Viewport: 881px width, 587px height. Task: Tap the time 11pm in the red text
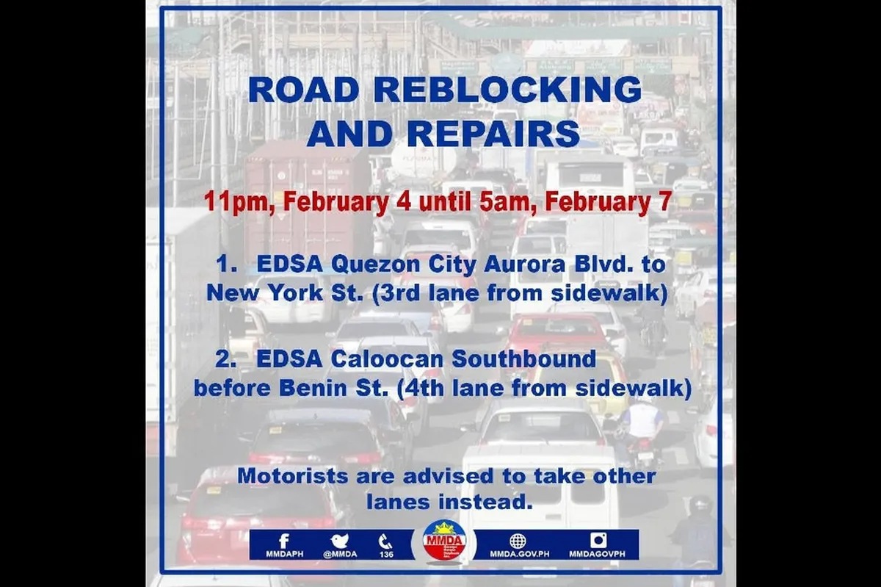pyautogui.click(x=234, y=204)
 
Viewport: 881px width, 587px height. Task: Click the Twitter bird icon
pyautogui.click(x=338, y=541)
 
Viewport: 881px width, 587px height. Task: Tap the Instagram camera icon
pyautogui.click(x=598, y=541)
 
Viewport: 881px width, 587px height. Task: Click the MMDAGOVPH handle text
pyautogui.click(x=598, y=554)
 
